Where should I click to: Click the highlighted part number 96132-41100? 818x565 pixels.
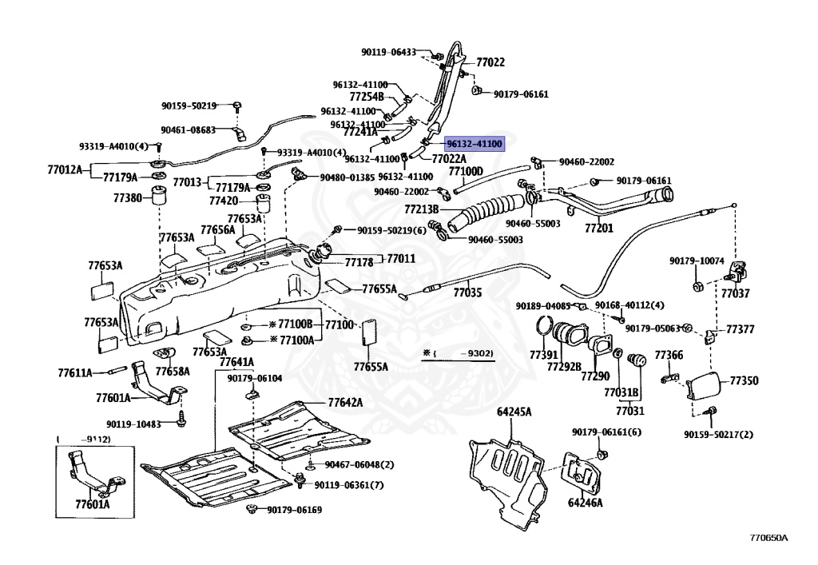[x=475, y=144]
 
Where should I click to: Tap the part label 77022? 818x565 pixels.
[x=490, y=62]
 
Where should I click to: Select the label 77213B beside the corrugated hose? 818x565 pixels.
[x=422, y=209]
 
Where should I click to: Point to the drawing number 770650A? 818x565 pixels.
[x=769, y=538]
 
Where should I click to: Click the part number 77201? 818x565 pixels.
[x=599, y=228]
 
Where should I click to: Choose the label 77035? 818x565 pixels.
[x=467, y=292]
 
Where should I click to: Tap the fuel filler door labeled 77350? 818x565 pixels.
[x=705, y=385]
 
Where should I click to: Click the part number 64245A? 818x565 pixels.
[x=514, y=412]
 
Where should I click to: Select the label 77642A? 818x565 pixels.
[x=345, y=402]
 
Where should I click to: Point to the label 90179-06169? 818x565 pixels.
[x=294, y=510]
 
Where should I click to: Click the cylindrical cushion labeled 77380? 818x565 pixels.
[x=159, y=196]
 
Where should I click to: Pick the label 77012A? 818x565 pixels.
[x=65, y=169]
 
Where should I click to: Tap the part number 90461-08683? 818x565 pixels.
[x=188, y=130]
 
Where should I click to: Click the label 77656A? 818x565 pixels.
[x=218, y=229]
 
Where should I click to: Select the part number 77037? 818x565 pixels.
[x=735, y=293]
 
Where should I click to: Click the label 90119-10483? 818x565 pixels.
[x=133, y=424]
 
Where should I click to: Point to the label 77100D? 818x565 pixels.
[x=466, y=171]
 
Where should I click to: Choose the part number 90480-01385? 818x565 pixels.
[x=347, y=177]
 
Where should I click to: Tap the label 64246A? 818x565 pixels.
[x=586, y=503]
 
